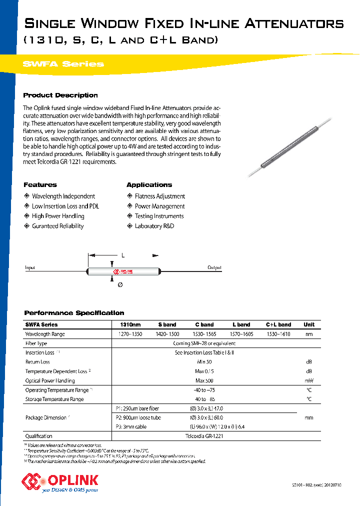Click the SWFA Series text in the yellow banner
click(63, 64)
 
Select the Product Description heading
click(60, 95)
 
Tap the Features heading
click(40, 184)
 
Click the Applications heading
click(149, 184)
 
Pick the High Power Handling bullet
click(58, 216)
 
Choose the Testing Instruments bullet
click(159, 216)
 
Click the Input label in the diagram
click(30, 267)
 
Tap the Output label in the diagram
click(214, 267)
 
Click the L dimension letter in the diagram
click(122, 255)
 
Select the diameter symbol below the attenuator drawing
click(119, 284)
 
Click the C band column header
click(204, 324)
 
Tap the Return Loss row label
click(37, 361)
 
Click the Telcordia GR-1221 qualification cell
click(204, 436)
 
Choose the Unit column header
click(309, 324)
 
